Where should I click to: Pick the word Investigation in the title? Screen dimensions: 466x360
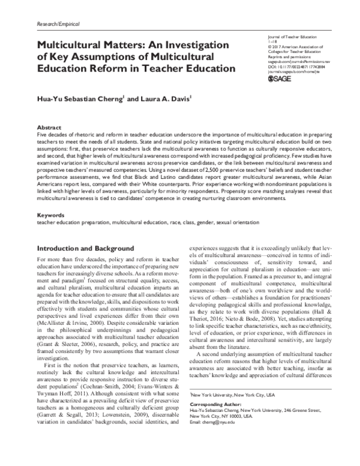coord(191,44)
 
